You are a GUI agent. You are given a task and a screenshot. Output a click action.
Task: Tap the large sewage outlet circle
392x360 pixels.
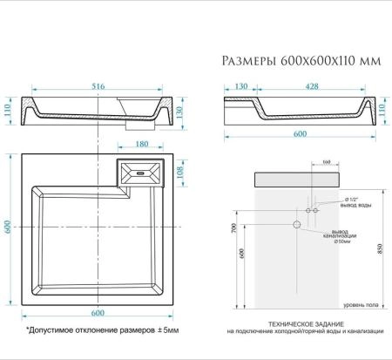(297, 225)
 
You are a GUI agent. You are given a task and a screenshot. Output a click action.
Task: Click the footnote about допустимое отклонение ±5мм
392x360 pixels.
(102, 330)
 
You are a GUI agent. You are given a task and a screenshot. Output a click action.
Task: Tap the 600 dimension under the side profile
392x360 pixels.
(298, 132)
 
